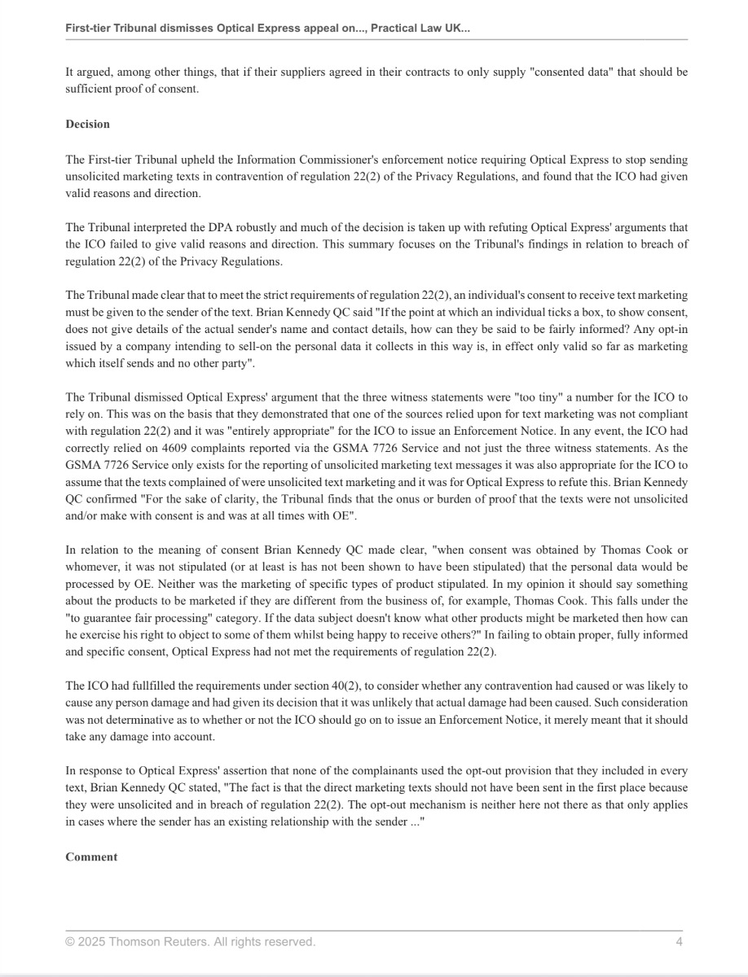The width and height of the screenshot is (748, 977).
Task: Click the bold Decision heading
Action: pos(87,124)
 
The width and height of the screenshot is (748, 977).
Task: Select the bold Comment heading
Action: pos(91,857)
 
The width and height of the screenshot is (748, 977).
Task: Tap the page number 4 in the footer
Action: pos(679,942)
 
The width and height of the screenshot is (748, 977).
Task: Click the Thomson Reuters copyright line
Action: pos(190,942)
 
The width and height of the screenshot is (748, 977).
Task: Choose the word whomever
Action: pos(94,566)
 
